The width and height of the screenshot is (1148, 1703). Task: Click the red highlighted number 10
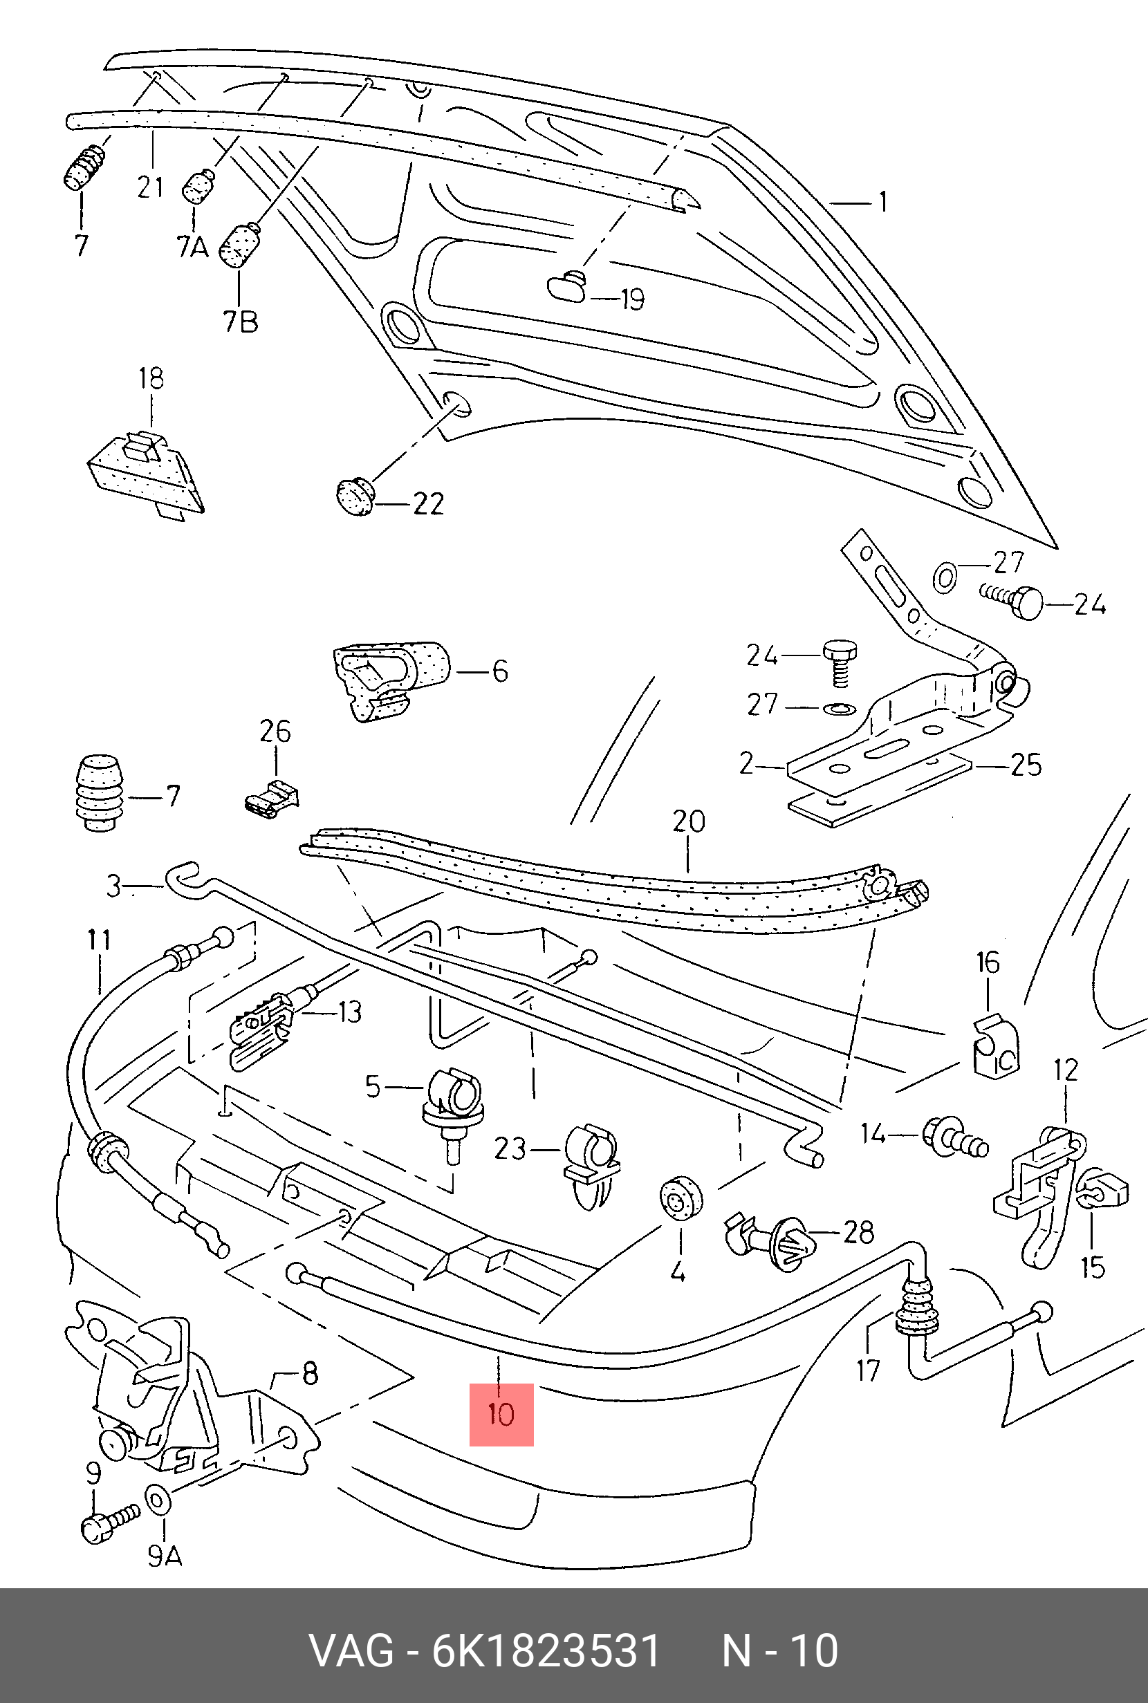tap(501, 1414)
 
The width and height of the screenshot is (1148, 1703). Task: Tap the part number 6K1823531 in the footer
tap(546, 1651)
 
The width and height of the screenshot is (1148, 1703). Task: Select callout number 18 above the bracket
tap(151, 378)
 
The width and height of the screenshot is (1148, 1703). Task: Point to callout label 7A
tap(192, 247)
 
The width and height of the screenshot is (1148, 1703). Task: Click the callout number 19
tap(631, 299)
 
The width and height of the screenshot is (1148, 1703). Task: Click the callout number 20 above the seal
tap(688, 821)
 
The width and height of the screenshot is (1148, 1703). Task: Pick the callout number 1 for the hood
tap(883, 201)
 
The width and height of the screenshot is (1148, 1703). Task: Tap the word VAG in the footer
tap(351, 1651)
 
